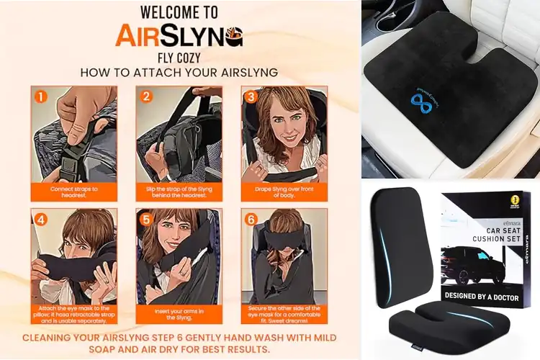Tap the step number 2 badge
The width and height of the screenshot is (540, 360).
146,96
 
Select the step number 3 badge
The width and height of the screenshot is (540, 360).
251,96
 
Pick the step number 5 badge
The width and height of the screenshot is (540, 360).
146,219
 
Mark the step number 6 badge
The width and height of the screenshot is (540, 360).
251,219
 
